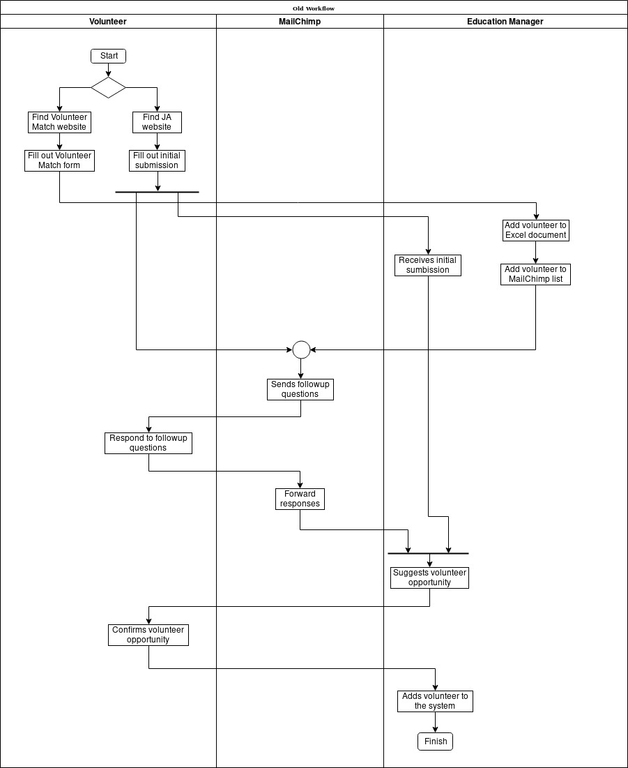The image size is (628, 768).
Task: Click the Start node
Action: [x=108, y=56]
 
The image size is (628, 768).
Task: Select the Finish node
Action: [x=436, y=741]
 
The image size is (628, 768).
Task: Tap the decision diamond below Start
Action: [x=108, y=87]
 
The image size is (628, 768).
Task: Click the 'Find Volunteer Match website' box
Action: [x=59, y=122]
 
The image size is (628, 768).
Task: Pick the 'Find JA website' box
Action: [x=157, y=122]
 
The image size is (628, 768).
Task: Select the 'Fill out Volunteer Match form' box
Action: [x=59, y=160]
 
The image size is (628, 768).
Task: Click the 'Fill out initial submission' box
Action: [x=157, y=160]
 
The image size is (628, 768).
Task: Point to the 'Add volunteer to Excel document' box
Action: [x=536, y=230]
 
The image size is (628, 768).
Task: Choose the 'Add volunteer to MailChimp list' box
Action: [x=536, y=274]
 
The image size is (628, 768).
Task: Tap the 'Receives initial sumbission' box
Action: [x=428, y=265]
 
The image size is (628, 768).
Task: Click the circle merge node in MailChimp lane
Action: [x=301, y=349]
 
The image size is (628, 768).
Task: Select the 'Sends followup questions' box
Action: [x=300, y=389]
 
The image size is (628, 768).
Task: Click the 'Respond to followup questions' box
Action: [x=148, y=443]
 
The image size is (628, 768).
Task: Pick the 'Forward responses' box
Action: [x=300, y=499]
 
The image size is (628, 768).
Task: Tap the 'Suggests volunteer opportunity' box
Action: [x=429, y=578]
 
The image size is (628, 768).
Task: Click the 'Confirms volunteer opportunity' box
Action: [x=148, y=635]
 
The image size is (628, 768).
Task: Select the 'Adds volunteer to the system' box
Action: [x=436, y=701]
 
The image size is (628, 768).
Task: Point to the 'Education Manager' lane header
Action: [x=505, y=22]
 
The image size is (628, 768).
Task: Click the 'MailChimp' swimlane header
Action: [x=300, y=22]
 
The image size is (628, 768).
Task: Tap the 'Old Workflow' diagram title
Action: [x=314, y=8]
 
